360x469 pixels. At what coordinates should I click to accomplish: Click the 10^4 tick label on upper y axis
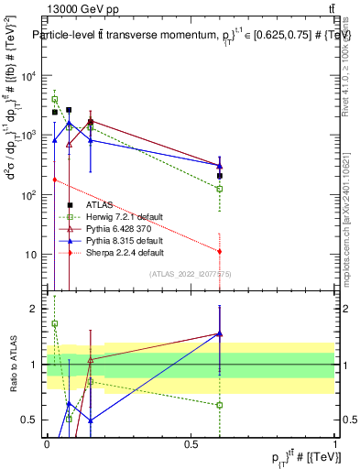point(27,76)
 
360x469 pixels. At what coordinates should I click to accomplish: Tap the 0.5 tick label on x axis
point(191,443)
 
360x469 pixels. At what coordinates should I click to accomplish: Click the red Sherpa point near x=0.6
point(220,251)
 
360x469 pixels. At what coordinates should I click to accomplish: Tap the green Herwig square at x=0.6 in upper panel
point(220,189)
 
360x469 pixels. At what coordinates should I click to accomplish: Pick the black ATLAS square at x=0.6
point(220,175)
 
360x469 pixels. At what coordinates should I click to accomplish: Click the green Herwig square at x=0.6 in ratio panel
point(220,405)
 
